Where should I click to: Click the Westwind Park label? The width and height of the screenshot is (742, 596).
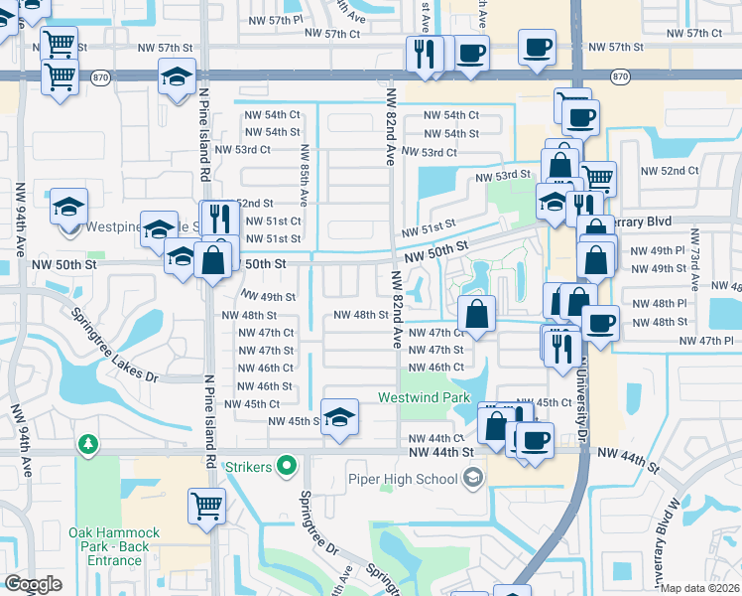click(423, 397)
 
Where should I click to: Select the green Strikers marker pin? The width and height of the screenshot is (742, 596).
click(288, 465)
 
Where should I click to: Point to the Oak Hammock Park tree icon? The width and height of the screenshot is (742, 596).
click(88, 443)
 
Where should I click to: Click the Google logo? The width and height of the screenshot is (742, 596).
click(33, 584)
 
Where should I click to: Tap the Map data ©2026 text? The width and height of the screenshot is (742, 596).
click(699, 588)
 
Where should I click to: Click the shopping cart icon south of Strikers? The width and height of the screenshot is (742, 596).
click(206, 507)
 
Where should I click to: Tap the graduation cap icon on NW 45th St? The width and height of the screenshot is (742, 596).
click(339, 416)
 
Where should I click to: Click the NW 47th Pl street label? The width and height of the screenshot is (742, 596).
click(706, 341)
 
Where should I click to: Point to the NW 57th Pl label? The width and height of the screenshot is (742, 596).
click(272, 20)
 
